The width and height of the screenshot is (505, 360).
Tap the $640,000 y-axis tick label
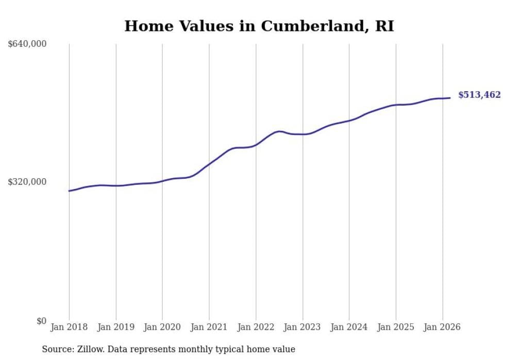[x=27, y=44]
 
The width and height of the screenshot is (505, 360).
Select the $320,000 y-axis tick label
[x=27, y=182]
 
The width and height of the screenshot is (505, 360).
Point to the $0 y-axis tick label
[x=41, y=321]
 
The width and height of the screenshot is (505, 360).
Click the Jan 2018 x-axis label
[x=69, y=327]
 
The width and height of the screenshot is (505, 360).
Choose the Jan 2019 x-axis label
[x=116, y=327]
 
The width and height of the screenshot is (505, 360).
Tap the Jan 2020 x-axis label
[x=162, y=327]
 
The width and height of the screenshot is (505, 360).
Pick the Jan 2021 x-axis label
[x=209, y=327]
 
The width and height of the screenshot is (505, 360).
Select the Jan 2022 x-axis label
[x=256, y=327]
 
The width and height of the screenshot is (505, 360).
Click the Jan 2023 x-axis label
[x=302, y=327]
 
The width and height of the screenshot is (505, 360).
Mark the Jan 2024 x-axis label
[x=349, y=327]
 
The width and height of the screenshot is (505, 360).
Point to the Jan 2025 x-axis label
[x=396, y=327]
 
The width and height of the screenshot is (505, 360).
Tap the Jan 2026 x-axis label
[x=442, y=327]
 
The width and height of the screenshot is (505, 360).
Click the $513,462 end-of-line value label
[x=479, y=95]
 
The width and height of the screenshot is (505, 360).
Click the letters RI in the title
[x=384, y=26]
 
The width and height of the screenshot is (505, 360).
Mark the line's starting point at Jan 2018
[x=69, y=191]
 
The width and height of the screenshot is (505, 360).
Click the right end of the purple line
[x=450, y=98]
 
